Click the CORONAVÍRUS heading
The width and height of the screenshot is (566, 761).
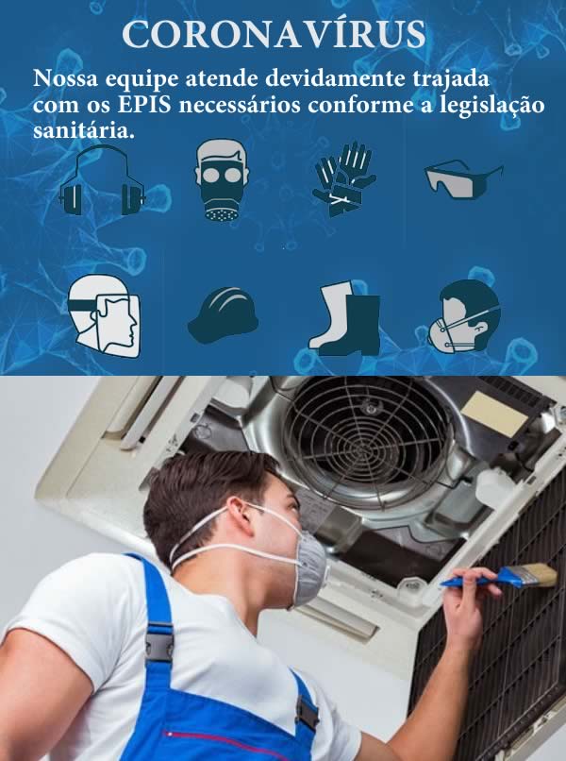click(x=274, y=35)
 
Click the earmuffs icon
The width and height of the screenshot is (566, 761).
click(x=102, y=182)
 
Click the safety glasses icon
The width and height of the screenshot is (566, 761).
click(x=461, y=178)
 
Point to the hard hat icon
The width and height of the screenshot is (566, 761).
click(x=224, y=314)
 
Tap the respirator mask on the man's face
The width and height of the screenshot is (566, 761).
click(x=308, y=566)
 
